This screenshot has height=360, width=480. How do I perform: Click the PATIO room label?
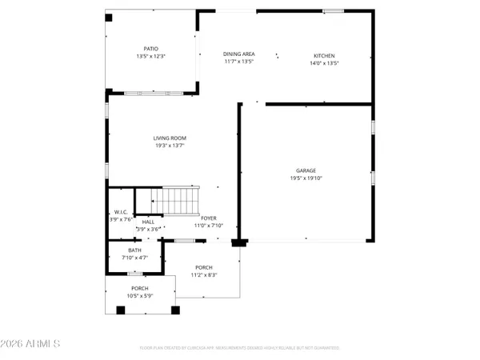tap(151, 48)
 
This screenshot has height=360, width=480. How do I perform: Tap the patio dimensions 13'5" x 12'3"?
tap(151, 57)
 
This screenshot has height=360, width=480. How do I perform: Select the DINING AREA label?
tap(238, 54)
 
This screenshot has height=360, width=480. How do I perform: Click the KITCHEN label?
tap(323, 54)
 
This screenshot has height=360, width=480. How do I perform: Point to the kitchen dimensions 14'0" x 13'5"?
tap(323, 62)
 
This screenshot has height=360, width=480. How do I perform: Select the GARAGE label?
tap(306, 170)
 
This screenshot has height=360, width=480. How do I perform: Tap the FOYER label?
tap(209, 218)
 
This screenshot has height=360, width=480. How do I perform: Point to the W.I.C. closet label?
tap(122, 211)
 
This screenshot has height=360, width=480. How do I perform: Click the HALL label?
tap(149, 222)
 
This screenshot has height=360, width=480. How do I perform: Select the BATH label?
tap(134, 250)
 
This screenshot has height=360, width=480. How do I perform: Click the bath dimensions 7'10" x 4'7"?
tap(134, 258)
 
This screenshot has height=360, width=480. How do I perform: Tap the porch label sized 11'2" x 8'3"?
tap(204, 268)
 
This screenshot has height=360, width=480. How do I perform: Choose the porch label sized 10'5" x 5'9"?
tap(140, 288)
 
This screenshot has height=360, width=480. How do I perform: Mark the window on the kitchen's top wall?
tap(334, 10)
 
